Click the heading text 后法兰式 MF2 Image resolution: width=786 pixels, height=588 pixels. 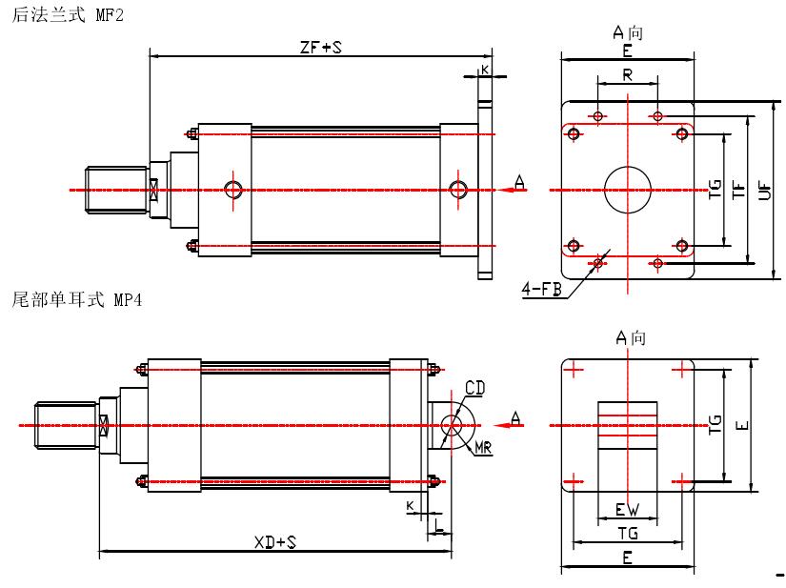pos(67,16)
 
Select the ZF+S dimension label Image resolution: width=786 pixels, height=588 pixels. pos(320,44)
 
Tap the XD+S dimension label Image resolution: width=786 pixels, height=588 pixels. pos(276,542)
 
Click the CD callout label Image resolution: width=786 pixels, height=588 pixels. pos(474,387)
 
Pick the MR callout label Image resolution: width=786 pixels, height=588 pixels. pos(483,448)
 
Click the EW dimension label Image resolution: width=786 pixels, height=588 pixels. pos(627,509)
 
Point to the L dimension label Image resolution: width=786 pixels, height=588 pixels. pos(437,522)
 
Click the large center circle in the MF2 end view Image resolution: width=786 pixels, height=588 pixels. pos(628,189)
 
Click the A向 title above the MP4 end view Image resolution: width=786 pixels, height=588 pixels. pos(631,337)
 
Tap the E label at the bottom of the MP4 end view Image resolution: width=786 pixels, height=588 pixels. pos(627,558)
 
